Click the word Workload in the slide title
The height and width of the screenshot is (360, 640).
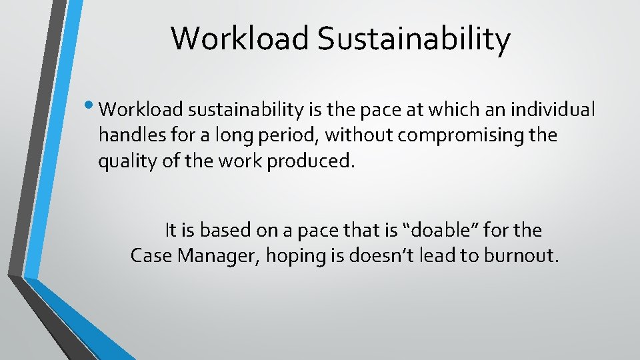tap(241, 39)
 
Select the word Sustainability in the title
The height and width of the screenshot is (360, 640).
tap(414, 39)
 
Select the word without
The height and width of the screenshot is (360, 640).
tap(361, 135)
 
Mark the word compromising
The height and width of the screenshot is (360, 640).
tap(454, 135)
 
